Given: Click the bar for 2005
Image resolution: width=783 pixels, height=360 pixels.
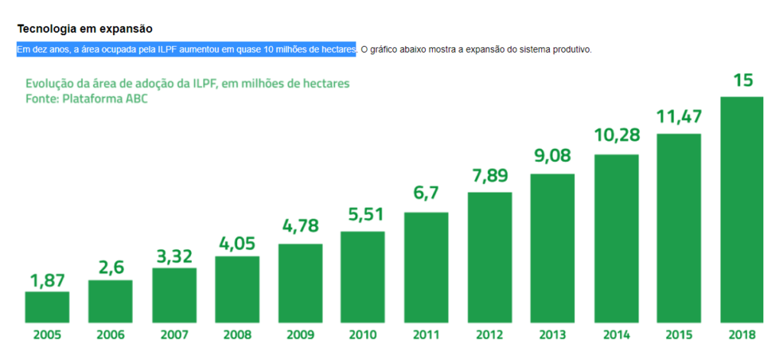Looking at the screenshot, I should coord(47,306).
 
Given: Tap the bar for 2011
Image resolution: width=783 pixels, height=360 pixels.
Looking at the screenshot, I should coord(426,267).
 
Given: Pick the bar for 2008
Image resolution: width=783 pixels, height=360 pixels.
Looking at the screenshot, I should coord(237,289).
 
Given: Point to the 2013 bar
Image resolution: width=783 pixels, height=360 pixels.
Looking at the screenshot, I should coord(552,248).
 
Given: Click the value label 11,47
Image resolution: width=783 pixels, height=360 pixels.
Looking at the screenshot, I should coord(679,117).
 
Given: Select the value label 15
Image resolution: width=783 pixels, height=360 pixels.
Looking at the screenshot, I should coord(742,80).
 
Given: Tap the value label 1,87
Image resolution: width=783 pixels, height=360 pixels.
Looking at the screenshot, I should coord(47,281).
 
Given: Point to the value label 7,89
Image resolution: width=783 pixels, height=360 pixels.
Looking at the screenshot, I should coord(489,176).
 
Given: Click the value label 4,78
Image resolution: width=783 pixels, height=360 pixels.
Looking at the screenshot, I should coord(301,228).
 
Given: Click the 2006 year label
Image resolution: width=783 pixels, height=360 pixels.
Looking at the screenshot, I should coord(111,335).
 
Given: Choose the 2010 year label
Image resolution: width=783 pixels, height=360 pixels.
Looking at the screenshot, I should coord(363,335).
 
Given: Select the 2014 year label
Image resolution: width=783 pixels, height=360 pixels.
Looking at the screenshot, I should coord(616,335).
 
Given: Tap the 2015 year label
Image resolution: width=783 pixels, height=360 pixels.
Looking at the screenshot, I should coord(679,335).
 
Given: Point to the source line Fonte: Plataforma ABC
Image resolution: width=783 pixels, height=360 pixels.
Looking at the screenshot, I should coord(86,99).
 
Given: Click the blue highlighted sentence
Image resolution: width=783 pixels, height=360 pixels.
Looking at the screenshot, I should coord(187,50).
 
